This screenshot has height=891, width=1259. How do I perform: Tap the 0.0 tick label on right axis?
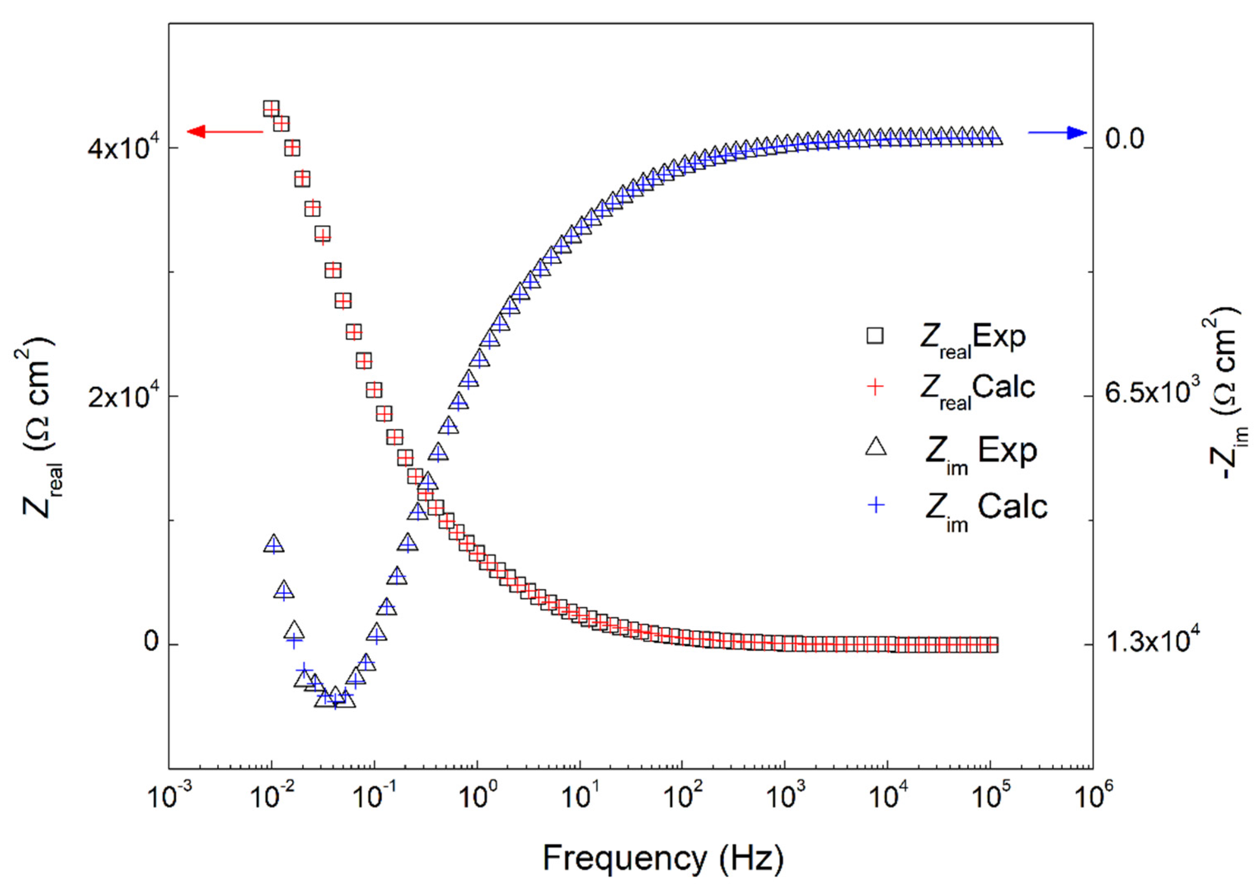coord(1125,138)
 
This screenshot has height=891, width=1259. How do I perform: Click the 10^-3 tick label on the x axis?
coord(170,797)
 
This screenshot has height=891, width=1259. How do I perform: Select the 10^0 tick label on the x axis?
coord(477,797)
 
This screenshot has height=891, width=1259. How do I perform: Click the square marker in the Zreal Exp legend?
coord(875,335)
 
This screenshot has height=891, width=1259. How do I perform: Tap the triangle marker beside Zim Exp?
coord(875,446)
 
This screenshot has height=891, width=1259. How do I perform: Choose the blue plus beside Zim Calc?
coord(877,505)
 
